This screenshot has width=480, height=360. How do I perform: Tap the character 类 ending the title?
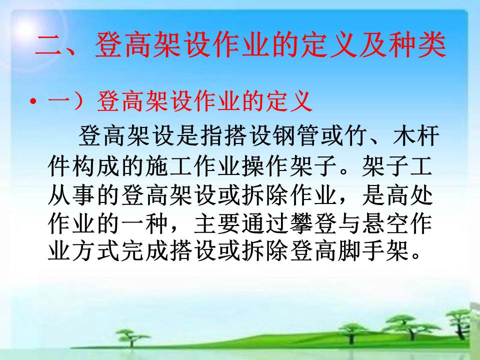432,45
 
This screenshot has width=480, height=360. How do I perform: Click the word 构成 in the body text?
96,165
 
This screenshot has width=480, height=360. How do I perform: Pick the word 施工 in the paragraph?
168,165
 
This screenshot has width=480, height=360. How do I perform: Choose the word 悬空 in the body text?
385,223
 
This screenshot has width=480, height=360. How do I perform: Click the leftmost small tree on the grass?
132,336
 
